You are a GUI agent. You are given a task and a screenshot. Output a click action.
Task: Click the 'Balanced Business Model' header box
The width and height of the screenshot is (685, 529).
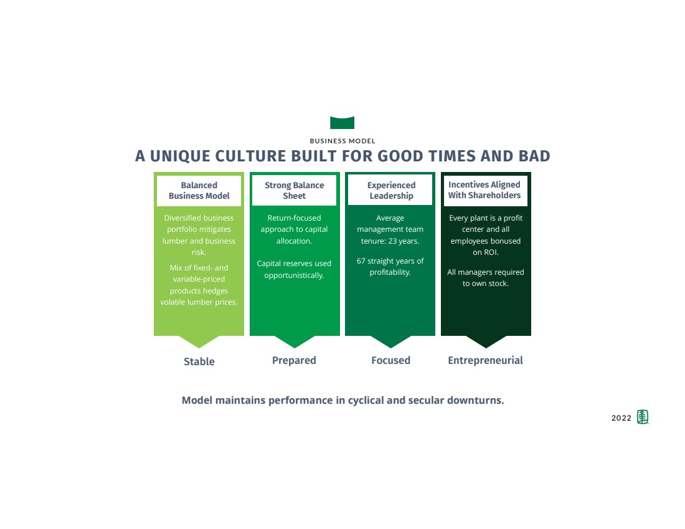[x=199, y=191]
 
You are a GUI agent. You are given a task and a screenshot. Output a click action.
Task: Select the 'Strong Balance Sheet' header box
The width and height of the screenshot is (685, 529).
[x=294, y=191]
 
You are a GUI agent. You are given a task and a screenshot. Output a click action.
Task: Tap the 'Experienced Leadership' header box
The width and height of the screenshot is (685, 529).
[x=390, y=191]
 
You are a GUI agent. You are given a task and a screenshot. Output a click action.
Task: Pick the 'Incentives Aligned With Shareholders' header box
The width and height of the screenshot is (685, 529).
[x=485, y=190]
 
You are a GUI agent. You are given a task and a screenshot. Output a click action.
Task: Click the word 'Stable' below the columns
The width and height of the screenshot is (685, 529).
[x=199, y=361]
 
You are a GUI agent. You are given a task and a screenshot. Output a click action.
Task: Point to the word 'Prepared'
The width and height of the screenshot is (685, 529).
[x=294, y=360]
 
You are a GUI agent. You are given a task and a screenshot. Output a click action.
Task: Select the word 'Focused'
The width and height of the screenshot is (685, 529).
[x=390, y=360]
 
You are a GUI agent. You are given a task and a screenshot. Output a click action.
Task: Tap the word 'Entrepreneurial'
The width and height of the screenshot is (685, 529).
[x=485, y=360]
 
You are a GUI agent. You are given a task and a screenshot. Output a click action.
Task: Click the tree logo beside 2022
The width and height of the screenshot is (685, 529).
[x=643, y=417]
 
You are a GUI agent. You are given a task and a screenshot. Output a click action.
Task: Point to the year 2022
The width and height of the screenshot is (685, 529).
[x=621, y=418]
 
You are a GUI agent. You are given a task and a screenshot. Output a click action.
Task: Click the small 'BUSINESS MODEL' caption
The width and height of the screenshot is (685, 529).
[x=342, y=141]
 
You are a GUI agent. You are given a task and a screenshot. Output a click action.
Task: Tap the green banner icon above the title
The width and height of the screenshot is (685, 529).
[x=342, y=123]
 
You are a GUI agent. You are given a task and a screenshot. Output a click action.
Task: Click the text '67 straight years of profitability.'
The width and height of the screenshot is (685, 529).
[x=390, y=267]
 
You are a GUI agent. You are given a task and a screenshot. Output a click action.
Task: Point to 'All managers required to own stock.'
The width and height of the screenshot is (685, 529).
[x=485, y=278]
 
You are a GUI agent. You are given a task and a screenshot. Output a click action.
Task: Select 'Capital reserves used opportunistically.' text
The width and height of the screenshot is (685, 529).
[x=294, y=269]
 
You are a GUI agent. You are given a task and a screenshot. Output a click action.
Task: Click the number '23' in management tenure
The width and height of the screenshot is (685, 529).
[x=394, y=241]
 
